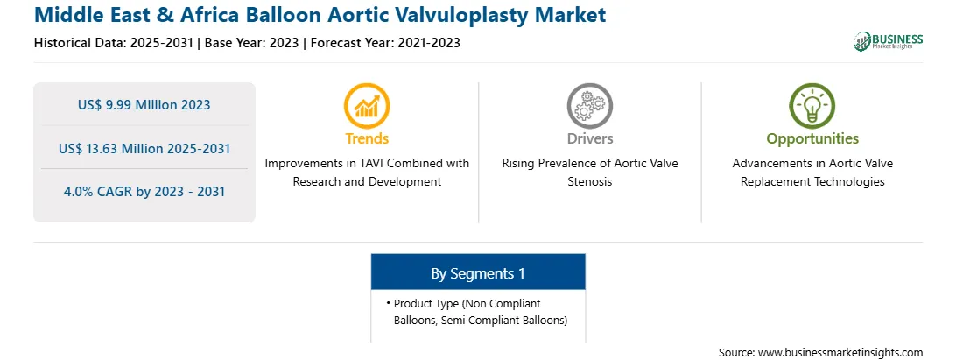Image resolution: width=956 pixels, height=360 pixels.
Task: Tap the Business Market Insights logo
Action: click(889, 41)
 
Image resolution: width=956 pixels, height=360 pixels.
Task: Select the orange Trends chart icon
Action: click(367, 106)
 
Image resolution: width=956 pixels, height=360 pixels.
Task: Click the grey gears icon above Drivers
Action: click(589, 106)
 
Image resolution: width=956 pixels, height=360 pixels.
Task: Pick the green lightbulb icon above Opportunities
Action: click(812, 106)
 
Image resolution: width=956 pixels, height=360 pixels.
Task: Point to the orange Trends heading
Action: click(367, 138)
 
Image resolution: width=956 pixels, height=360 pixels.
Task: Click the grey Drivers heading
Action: click(589, 138)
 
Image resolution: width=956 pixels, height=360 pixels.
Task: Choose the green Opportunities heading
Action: click(812, 139)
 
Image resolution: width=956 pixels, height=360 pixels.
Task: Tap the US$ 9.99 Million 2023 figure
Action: click(144, 105)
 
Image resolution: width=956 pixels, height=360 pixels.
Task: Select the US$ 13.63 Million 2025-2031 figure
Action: click(144, 148)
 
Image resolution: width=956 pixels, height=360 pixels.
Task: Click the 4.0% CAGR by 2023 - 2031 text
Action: click(144, 192)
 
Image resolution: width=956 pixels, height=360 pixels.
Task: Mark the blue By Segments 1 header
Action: click(478, 272)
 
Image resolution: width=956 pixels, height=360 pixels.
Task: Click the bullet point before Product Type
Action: click(389, 303)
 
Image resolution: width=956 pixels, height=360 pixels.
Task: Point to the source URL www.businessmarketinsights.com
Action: click(840, 353)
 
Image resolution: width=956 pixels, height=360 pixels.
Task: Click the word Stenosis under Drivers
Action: click(589, 182)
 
